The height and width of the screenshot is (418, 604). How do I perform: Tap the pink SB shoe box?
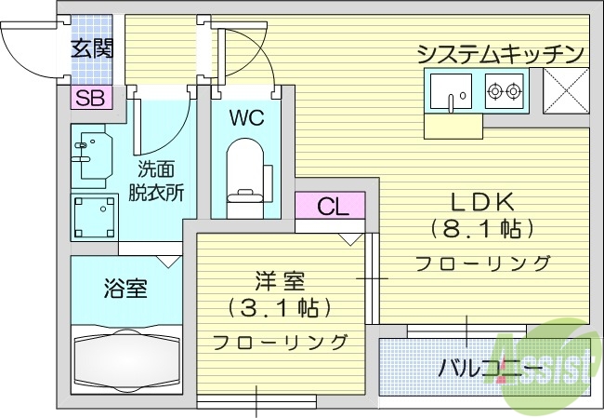click(90, 96)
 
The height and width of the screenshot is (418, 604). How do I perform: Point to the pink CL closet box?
click(330, 206)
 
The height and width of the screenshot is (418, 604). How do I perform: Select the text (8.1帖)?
click(482, 227)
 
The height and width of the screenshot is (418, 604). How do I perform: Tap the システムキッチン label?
click(500, 53)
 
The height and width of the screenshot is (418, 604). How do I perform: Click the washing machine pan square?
click(95, 216)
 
